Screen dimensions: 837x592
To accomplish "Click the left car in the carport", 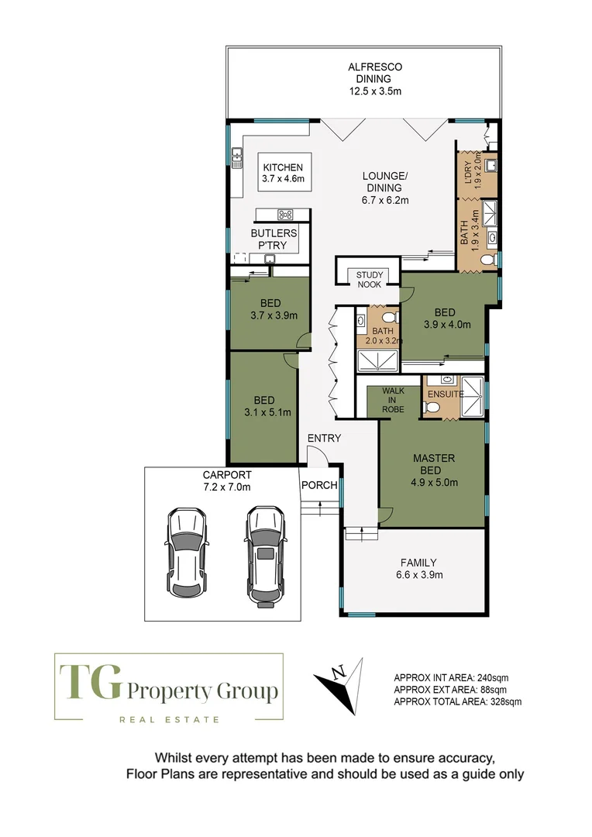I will pos(187,551).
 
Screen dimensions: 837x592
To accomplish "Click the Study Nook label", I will pos(370,279).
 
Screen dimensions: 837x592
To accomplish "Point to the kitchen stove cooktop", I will pos(284,215).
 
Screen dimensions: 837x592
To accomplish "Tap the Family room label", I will pos(418,563).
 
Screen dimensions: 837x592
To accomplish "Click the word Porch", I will pos(319,486).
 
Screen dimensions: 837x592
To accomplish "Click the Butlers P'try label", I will pos(269,239).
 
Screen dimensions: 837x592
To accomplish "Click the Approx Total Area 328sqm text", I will pos(457,701).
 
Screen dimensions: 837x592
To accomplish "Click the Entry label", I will pos(324,439).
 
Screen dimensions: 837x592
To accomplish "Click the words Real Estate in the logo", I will pos(168,719).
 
